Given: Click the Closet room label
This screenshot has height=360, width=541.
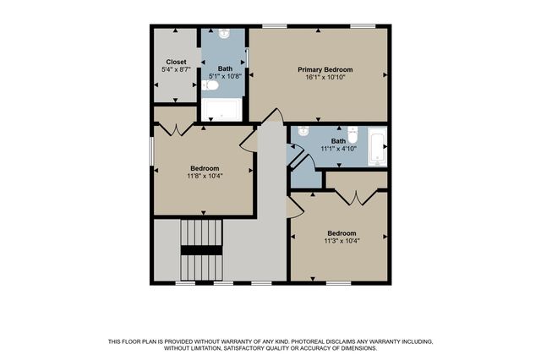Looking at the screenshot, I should coord(176,62).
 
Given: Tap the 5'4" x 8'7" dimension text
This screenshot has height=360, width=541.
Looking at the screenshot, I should coord(176,70).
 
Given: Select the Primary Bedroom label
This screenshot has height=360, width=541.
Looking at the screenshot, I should coord(325,69).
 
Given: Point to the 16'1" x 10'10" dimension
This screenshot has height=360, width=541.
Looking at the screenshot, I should coord(325,78).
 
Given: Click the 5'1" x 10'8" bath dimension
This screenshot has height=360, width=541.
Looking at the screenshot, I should coord(225,77).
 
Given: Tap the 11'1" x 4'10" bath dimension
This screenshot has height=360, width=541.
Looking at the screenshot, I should coord(338,149).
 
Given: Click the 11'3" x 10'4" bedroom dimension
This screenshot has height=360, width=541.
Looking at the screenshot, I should coord(342,241).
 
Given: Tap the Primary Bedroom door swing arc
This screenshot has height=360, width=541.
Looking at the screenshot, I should coord(271,116).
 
